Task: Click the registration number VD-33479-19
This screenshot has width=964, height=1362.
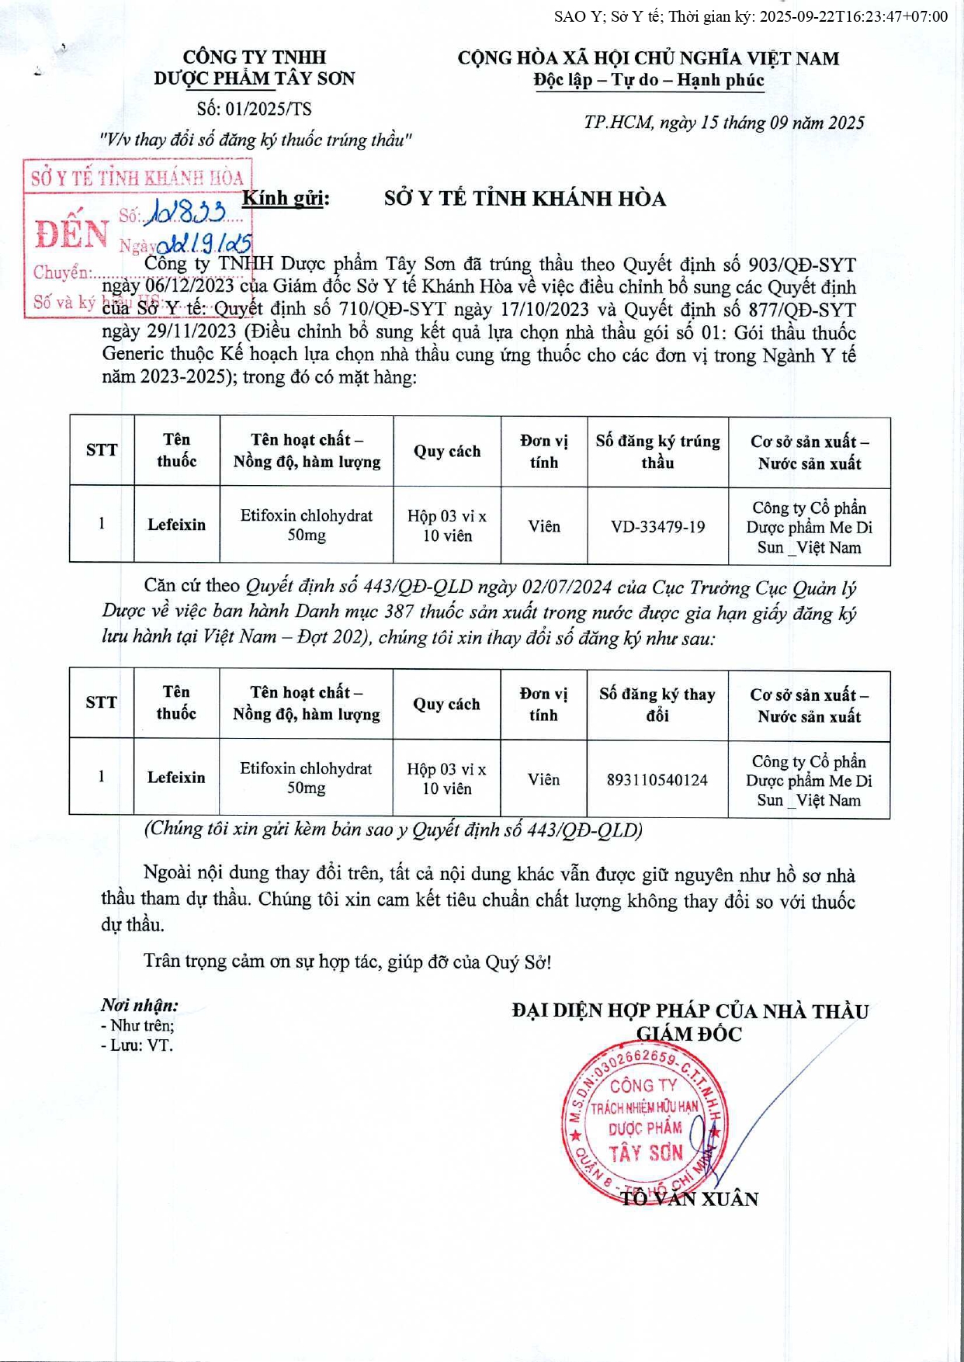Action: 657,527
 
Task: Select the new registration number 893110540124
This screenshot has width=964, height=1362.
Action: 657,780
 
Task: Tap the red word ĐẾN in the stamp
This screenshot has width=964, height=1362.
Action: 71,234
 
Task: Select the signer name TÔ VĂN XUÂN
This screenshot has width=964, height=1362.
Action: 689,1199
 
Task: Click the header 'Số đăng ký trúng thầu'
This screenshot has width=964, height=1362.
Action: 657,452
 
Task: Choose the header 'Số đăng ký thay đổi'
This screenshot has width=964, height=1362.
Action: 657,705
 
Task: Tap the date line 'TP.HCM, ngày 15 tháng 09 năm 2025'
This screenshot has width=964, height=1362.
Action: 723,123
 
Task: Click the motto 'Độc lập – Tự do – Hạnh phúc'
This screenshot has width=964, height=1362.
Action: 648,80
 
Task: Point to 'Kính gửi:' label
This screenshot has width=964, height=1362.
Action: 286,199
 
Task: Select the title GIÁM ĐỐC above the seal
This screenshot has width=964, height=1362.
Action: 688,1034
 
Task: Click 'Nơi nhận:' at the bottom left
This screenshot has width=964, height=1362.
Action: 140,1005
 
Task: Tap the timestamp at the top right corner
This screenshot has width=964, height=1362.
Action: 751,16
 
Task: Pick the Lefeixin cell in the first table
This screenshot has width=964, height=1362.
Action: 177,525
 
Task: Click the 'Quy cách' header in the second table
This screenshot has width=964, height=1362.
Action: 446,704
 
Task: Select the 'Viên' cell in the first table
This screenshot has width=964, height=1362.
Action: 544,526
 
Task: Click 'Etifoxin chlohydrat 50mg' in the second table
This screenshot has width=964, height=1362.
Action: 306,778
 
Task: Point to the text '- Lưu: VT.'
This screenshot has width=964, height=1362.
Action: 137,1045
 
